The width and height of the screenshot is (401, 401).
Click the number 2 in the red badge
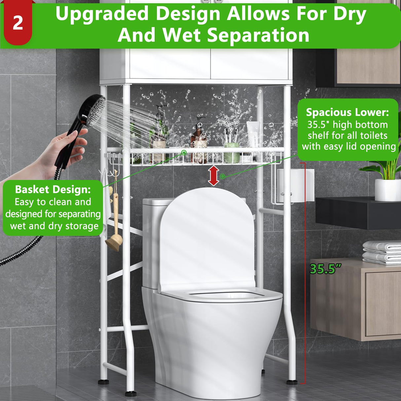pyautogui.click(x=18, y=23)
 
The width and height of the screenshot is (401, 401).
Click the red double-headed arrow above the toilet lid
pyautogui.click(x=214, y=176)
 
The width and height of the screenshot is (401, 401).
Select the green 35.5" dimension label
pyautogui.click(x=323, y=269)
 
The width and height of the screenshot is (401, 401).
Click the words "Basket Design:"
pyautogui.click(x=53, y=190)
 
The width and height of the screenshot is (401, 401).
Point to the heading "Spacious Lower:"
pyautogui.click(x=347, y=112)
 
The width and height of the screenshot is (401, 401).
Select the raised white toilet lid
pyautogui.click(x=207, y=238)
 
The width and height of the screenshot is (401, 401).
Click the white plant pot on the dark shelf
pyautogui.click(x=387, y=190)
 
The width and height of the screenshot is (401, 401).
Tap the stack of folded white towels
pyautogui.click(x=382, y=252)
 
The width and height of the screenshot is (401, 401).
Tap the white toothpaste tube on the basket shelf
pyautogui.click(x=253, y=134)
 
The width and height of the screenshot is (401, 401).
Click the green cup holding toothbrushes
pyautogui.click(x=232, y=154)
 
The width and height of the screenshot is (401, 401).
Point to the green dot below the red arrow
pyautogui.click(x=223, y=176)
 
